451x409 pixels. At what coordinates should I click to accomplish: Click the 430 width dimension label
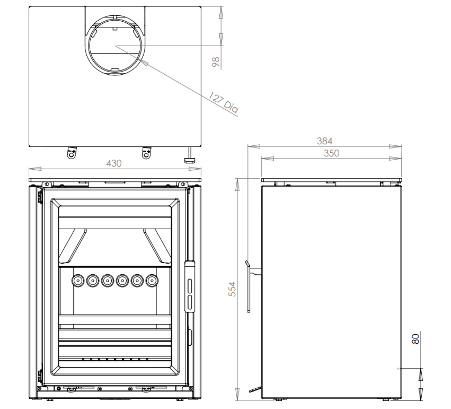(x=114, y=163)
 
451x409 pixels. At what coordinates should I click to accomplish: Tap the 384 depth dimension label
(x=324, y=141)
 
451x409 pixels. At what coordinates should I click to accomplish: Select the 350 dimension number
(x=331, y=153)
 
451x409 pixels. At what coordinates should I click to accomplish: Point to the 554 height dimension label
(x=232, y=289)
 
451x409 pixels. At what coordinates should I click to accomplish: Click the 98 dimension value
(x=216, y=62)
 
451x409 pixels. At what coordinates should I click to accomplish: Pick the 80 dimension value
(x=415, y=339)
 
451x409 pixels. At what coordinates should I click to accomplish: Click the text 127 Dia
(x=223, y=102)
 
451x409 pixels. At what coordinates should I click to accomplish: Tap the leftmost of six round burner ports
(x=78, y=281)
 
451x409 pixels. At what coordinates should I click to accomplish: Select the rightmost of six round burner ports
(x=152, y=281)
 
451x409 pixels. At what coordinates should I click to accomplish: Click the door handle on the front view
(x=189, y=286)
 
